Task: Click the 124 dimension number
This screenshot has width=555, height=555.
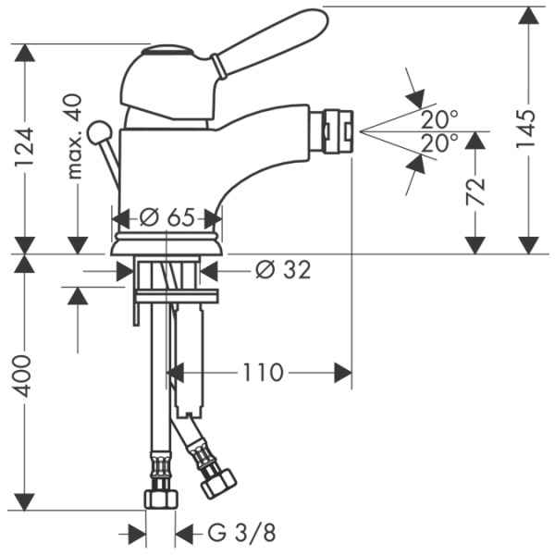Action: tap(25, 148)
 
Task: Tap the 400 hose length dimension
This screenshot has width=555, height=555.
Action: tap(22, 376)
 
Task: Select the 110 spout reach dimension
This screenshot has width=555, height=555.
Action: tap(263, 373)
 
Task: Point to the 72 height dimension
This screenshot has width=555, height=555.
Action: tap(475, 191)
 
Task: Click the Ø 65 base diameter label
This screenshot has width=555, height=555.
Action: tap(167, 217)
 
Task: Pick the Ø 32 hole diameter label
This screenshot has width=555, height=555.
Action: tap(283, 270)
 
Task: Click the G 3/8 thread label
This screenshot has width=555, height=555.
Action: tap(241, 533)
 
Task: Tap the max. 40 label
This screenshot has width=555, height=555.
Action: tap(74, 136)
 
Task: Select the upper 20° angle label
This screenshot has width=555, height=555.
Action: tap(439, 119)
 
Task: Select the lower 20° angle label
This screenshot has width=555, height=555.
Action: tap(439, 143)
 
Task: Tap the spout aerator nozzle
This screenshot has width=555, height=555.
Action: tap(339, 131)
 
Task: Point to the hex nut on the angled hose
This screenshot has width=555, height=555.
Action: tap(218, 483)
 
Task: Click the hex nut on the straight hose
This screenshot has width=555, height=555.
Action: tap(161, 499)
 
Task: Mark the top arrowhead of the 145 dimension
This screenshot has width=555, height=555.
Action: tap(529, 16)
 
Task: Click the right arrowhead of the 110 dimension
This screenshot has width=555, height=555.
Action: tap(343, 373)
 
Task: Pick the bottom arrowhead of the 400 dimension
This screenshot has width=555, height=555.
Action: tap(24, 501)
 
